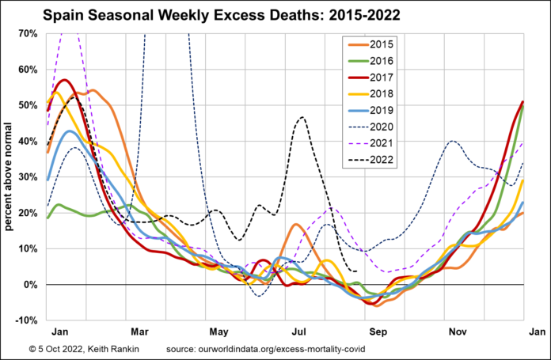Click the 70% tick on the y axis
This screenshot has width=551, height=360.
pyautogui.click(x=28, y=33)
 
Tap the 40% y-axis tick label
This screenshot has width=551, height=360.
pyautogui.click(x=28, y=141)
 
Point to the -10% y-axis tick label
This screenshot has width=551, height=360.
pyautogui.click(x=25, y=320)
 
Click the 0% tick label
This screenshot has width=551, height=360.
pyautogui.click(x=30, y=284)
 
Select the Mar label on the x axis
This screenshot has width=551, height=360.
pyautogui.click(x=138, y=332)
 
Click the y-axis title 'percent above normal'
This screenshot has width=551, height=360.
pyautogui.click(x=9, y=176)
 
